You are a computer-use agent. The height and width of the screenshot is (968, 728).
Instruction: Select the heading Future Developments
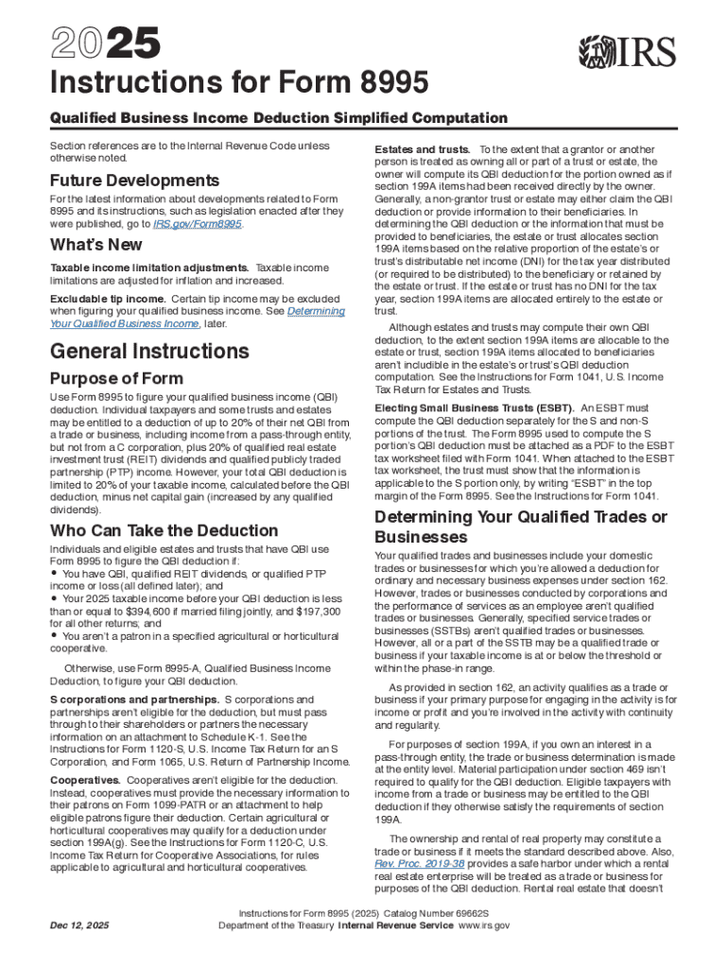[x=134, y=181]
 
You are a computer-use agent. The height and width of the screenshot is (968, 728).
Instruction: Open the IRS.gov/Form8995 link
[x=198, y=225]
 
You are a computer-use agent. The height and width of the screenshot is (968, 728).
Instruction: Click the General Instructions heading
[x=149, y=352]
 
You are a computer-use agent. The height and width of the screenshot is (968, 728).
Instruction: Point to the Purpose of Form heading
[x=116, y=379]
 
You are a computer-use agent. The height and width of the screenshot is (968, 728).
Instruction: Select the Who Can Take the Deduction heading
[x=164, y=530]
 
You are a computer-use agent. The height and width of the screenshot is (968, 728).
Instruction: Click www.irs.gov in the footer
[x=483, y=925]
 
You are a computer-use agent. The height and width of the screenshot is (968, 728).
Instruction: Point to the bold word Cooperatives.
[x=86, y=780]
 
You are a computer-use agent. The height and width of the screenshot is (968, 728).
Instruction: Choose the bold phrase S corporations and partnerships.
[x=134, y=699]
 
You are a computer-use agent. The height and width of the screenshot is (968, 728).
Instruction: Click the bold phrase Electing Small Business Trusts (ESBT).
[x=474, y=406]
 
